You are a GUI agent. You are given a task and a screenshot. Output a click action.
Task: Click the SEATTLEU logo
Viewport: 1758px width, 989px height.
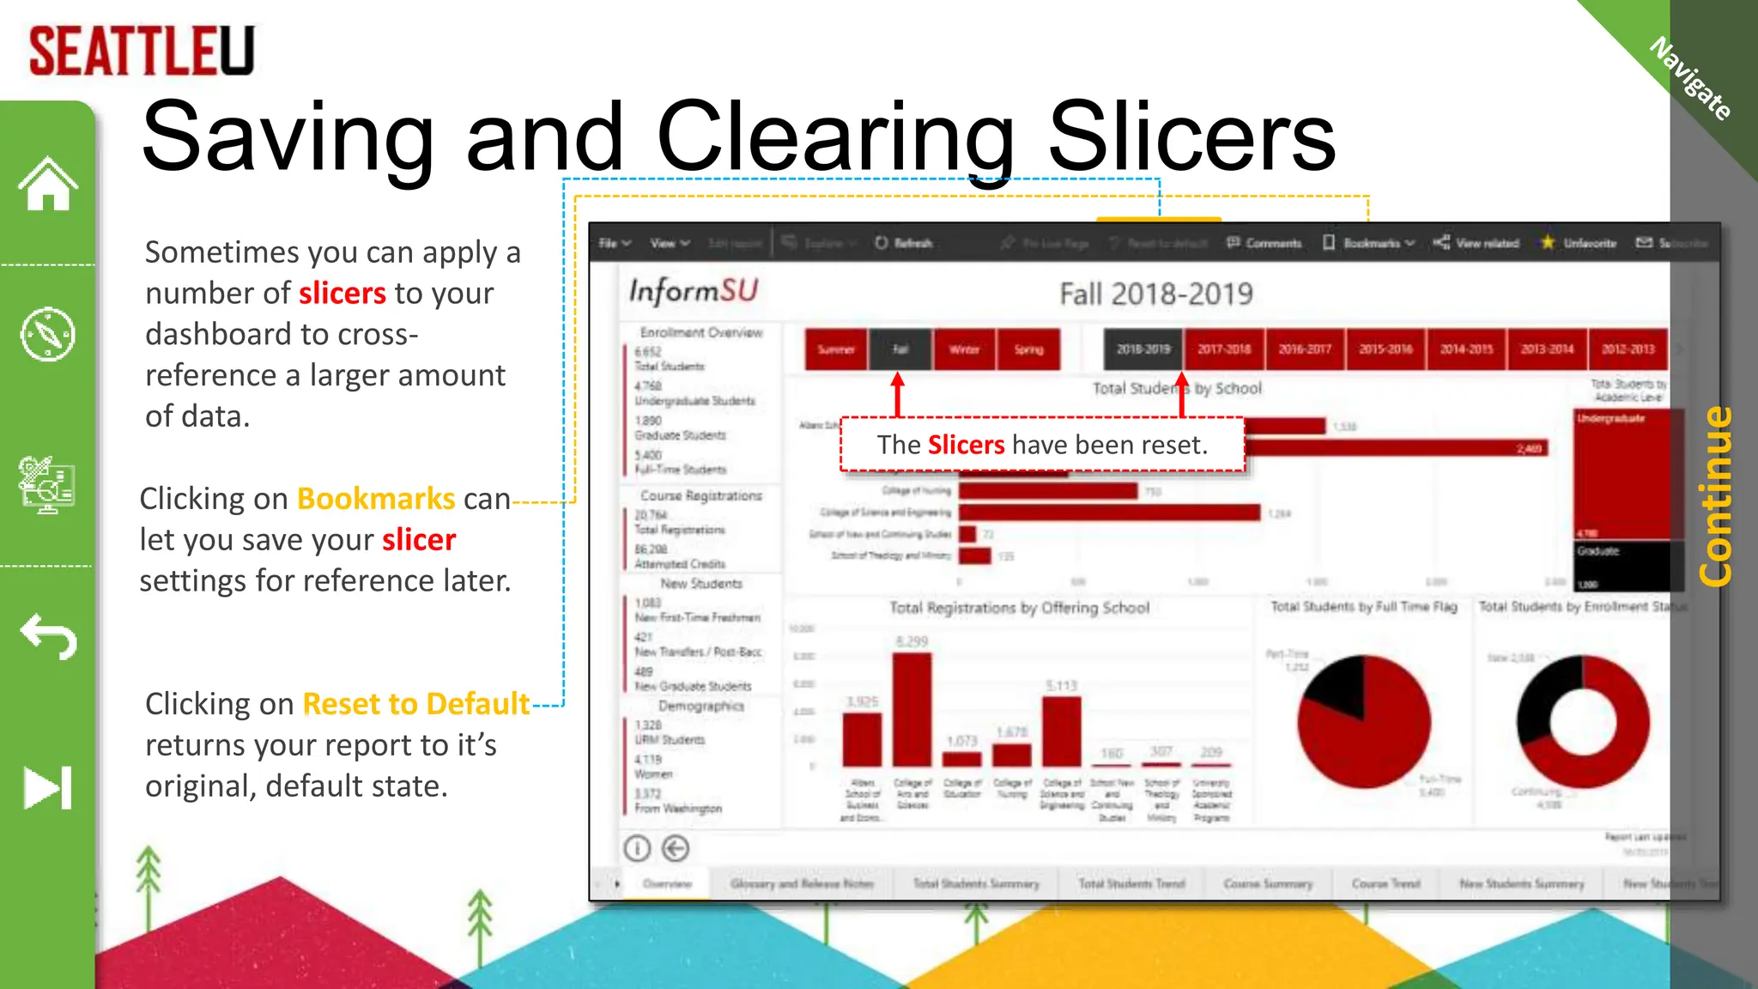(x=142, y=51)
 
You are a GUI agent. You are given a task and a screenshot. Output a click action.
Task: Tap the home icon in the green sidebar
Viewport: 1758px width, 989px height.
(x=48, y=184)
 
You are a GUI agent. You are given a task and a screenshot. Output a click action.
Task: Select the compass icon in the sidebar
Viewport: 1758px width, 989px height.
(x=48, y=334)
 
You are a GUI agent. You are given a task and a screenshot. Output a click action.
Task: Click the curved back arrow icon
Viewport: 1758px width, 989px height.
(x=49, y=636)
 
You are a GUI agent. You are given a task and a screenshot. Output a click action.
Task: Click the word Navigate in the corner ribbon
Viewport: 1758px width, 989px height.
(x=1690, y=78)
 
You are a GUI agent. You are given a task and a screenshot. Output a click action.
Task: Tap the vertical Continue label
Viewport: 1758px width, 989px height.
(x=1715, y=496)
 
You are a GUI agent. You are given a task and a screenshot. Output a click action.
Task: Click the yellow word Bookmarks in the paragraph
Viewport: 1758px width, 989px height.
(x=376, y=499)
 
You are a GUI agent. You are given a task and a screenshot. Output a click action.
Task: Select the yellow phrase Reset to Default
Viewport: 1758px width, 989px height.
(x=416, y=704)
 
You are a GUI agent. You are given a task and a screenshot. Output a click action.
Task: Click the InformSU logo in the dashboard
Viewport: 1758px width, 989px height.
(x=694, y=291)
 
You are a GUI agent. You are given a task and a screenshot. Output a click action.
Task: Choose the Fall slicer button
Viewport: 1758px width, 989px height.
(x=900, y=349)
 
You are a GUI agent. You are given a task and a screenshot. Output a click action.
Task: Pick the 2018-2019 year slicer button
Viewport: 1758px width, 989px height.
(x=1143, y=349)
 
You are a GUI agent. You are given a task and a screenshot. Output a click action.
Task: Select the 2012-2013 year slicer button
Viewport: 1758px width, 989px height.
(x=1628, y=349)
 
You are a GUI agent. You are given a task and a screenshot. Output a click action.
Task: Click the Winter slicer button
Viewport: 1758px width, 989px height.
(x=964, y=349)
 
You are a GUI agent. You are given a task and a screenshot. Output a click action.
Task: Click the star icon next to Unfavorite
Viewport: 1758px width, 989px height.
(x=1548, y=243)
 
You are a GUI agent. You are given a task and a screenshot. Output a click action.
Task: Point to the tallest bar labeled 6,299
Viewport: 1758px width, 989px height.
(x=912, y=709)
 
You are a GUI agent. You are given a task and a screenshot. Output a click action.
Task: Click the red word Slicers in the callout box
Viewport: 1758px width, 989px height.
(x=966, y=445)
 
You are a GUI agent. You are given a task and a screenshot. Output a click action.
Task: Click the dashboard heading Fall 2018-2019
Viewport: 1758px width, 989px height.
(x=1155, y=294)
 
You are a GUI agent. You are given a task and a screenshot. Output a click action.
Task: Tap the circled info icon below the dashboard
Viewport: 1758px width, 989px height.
(x=637, y=848)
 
